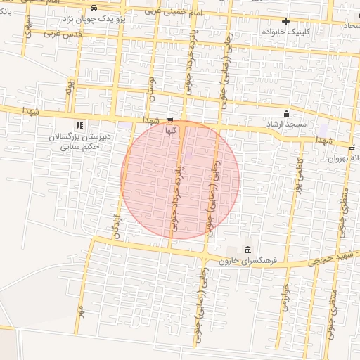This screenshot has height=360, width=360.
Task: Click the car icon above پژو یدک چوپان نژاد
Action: coord(103,8)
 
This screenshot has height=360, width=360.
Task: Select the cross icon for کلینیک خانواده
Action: coord(285,21)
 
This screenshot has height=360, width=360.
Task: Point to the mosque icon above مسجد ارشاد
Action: coord(286,113)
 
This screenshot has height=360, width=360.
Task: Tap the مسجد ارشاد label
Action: coord(286,124)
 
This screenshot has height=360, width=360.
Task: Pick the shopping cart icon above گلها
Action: coord(171,120)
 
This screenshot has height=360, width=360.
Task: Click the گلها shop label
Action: coord(171,130)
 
